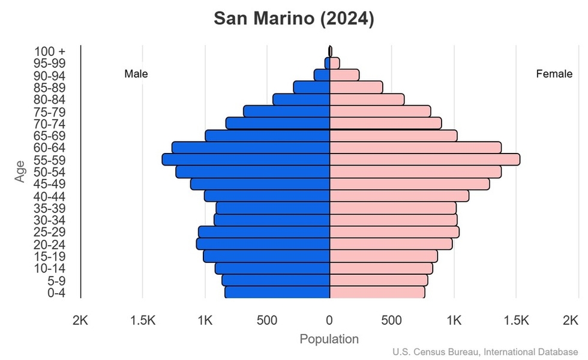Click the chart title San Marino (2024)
(294, 19)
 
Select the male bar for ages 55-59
(246, 160)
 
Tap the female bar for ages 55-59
(425, 160)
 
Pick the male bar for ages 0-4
(277, 292)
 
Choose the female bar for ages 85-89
(356, 88)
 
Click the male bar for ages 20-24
(263, 244)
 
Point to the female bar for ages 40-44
(400, 196)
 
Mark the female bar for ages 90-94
(344, 75)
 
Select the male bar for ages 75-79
(287, 112)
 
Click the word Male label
(136, 74)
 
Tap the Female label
(554, 74)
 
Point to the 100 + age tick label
(49, 52)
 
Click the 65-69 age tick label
(49, 136)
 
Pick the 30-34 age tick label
(49, 220)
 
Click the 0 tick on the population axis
(329, 320)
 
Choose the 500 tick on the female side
(392, 320)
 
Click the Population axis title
(329, 339)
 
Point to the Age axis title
(21, 172)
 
